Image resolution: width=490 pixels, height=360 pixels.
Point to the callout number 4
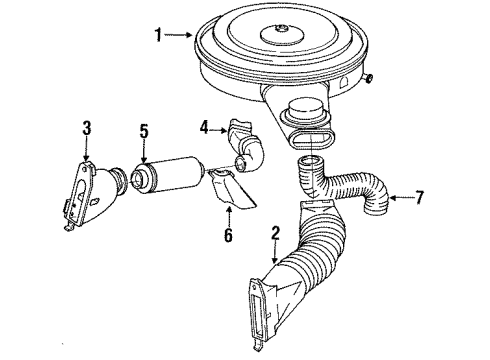click(x=204, y=126)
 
